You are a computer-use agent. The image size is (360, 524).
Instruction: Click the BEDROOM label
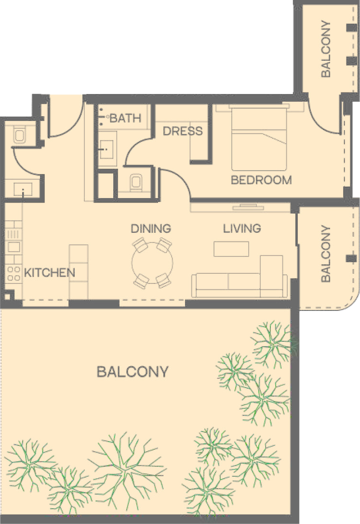261,180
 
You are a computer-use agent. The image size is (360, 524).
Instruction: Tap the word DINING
151,228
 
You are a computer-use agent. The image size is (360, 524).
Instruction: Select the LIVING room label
242,228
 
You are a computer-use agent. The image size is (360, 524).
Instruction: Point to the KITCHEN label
50,273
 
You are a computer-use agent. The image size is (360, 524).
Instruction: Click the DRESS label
183,131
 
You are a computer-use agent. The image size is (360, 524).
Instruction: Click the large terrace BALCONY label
133,372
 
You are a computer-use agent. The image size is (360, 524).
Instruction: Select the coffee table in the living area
231,249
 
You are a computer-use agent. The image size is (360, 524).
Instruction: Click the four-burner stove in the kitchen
13,273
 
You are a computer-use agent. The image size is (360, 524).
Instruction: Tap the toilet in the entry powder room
19,135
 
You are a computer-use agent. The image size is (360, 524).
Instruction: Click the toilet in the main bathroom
135,182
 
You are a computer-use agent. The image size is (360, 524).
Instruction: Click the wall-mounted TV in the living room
248,207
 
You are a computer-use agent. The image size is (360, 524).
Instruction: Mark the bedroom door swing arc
182,177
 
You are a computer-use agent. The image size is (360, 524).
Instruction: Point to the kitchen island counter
79,272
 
